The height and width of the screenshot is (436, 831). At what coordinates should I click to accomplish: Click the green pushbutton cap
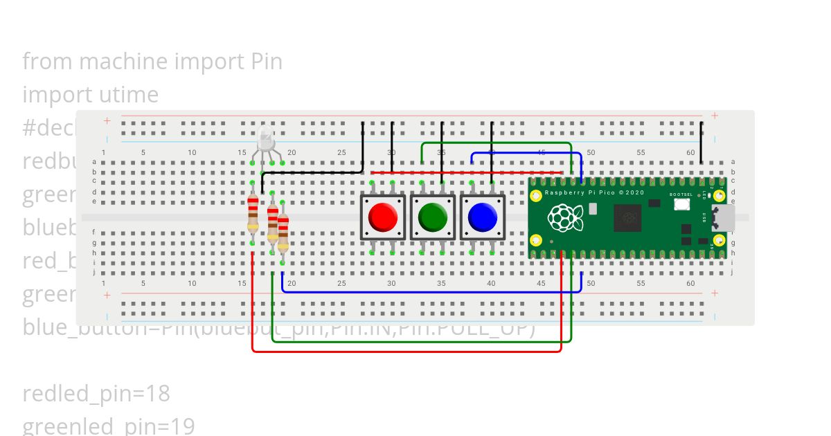point(433,217)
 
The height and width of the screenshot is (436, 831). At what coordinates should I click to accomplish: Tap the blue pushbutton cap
point(483,217)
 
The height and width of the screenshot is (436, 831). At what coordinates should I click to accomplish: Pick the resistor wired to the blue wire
point(283,232)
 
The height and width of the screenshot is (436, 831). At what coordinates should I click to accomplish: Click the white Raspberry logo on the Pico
point(565,218)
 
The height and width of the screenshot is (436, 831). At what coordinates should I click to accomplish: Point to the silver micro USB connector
point(725,217)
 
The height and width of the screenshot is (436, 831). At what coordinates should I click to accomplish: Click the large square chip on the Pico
point(629,217)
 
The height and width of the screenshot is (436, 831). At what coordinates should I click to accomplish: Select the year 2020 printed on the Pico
point(636,192)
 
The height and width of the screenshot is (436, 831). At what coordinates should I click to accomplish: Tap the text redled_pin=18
point(96,394)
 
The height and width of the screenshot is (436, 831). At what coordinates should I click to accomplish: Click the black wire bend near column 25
point(361,172)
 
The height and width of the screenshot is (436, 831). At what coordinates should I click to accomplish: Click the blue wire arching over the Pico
point(526,154)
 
